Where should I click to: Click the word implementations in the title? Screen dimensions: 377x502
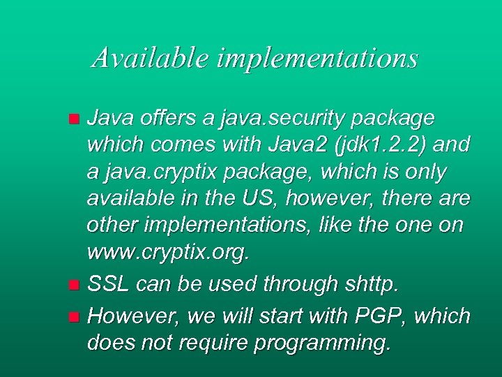(317, 58)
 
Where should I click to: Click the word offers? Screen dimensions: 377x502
(161, 118)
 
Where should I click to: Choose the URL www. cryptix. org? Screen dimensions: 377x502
(167, 252)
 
